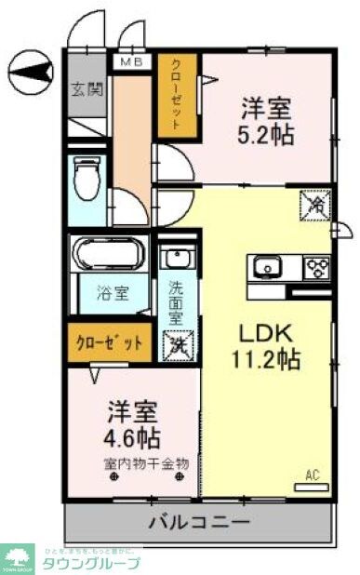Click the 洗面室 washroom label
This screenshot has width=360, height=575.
(176, 302)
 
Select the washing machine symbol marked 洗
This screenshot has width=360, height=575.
(177, 345)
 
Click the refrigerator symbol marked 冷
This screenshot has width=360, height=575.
(314, 205)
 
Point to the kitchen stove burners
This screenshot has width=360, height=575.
(317, 269)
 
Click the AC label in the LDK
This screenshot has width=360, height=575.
(313, 475)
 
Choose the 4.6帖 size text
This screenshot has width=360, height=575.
(131, 435)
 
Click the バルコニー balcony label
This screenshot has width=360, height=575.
(198, 521)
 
